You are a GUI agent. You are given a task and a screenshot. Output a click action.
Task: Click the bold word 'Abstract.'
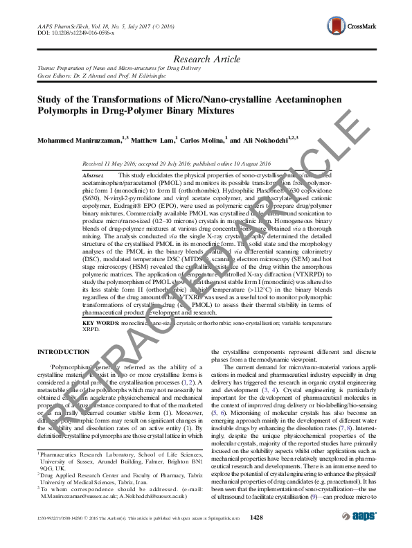click(93, 176)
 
